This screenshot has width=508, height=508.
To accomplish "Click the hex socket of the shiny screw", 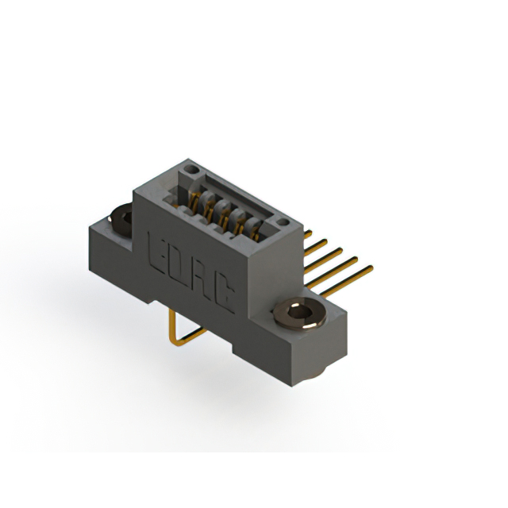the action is pyautogui.click(x=298, y=312).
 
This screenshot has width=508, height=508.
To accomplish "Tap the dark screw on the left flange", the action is pyautogui.click(x=121, y=219).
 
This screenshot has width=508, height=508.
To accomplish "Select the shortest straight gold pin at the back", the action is pyautogui.click(x=308, y=233).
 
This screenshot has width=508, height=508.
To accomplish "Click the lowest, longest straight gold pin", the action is pyautogui.click(x=347, y=281).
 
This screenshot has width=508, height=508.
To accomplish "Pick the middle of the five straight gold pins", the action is pyautogui.click(x=323, y=260).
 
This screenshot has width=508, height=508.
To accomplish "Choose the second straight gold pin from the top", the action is pyautogui.click(x=316, y=247).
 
